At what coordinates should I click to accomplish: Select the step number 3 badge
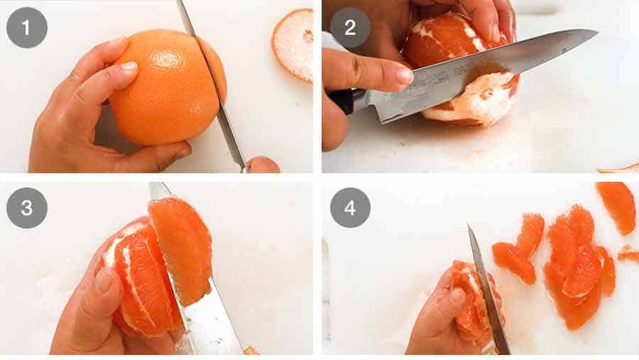[x=26, y=208]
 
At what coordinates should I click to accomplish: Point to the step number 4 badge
[x=350, y=208]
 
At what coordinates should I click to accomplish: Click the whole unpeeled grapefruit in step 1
[x=163, y=85]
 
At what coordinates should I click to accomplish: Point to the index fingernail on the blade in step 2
[x=403, y=75]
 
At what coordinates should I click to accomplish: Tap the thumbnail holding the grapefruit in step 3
[x=105, y=280]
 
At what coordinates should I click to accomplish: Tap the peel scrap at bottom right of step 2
[x=618, y=168]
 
